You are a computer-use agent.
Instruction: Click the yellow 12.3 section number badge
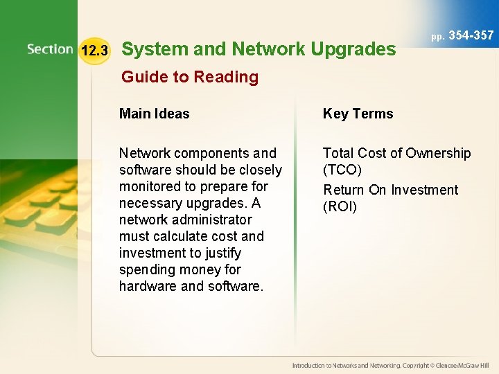pyautogui.click(x=94, y=51)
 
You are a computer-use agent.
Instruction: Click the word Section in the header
pyautogui.click(x=50, y=49)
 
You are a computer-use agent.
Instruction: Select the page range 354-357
pyautogui.click(x=471, y=35)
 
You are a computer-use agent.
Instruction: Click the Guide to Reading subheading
pyautogui.click(x=189, y=77)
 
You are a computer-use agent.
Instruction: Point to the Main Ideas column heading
pyautogui.click(x=154, y=114)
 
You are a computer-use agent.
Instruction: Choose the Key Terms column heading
pyautogui.click(x=358, y=114)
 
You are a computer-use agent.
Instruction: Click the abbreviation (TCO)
pyautogui.click(x=342, y=170)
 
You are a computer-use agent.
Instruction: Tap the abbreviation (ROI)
pyautogui.click(x=340, y=206)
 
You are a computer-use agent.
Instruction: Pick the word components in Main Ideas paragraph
pyautogui.click(x=198, y=153)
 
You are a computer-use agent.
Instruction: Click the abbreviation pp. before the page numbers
pyautogui.click(x=437, y=37)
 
